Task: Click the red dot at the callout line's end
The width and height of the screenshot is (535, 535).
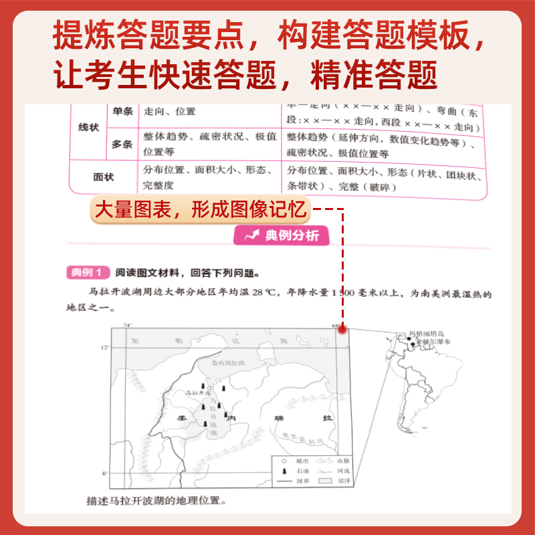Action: pyautogui.click(x=342, y=328)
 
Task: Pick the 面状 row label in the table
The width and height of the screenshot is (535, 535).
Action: pyautogui.click(x=103, y=177)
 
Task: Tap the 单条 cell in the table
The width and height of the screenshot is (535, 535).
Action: pyautogui.click(x=123, y=112)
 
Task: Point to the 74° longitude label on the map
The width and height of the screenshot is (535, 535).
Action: pyautogui.click(x=127, y=326)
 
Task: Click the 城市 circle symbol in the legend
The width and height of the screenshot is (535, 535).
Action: pyautogui.click(x=284, y=461)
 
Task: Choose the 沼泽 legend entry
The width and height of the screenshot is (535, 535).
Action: pyautogui.click(x=332, y=480)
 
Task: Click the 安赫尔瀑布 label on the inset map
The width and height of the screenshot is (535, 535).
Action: pyautogui.click(x=433, y=342)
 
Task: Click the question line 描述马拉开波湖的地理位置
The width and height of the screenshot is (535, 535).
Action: pyautogui.click(x=154, y=500)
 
